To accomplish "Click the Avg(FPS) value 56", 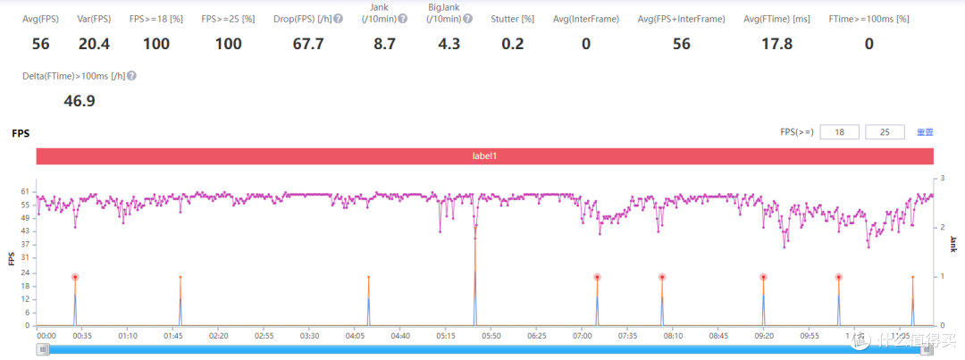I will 42,44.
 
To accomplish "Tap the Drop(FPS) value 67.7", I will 308,44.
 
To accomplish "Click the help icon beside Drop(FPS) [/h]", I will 338,19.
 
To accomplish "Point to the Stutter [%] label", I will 512,19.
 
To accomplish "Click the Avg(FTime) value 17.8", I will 775,44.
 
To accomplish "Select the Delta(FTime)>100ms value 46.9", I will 80,101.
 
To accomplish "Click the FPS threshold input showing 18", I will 837,132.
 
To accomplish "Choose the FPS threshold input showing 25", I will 884,132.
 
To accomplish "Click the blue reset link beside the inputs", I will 925,132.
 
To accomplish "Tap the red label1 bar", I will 484,156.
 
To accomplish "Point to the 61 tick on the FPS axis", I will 24,192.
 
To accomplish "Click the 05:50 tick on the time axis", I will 491,336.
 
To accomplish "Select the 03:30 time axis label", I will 310,336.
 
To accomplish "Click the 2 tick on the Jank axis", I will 941,228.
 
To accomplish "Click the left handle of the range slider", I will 42,349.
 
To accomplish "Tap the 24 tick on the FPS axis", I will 24,272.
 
